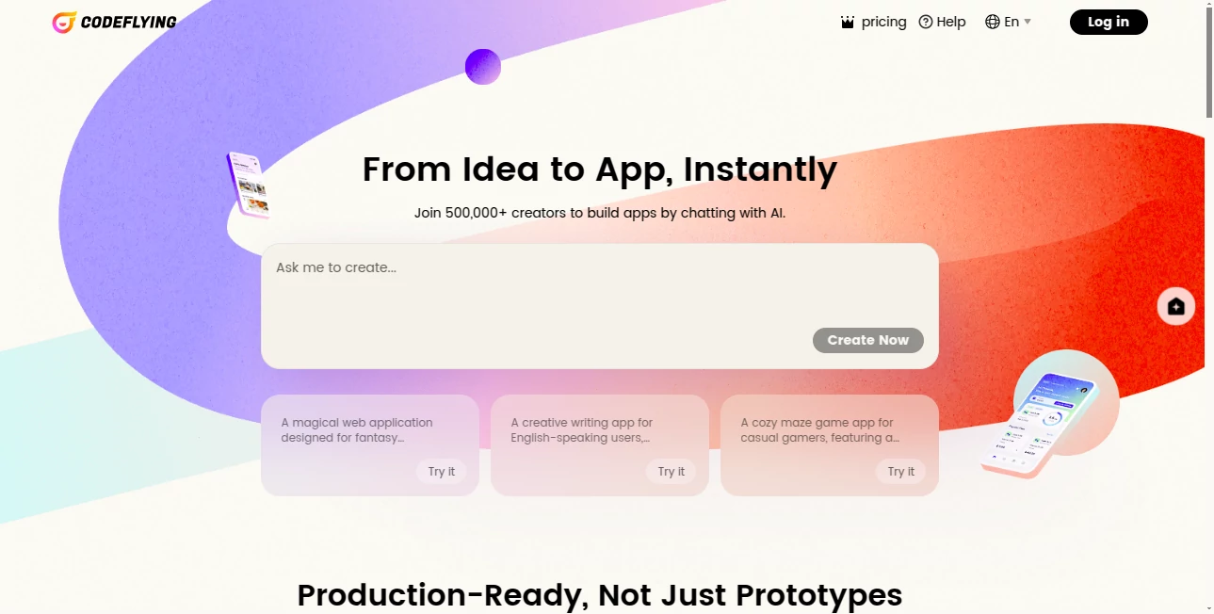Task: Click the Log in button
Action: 1108,22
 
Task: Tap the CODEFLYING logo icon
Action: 64,22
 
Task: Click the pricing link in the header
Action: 883,22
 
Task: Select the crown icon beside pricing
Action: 848,23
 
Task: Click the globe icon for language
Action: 992,22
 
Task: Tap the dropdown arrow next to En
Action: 1028,22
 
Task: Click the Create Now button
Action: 867,340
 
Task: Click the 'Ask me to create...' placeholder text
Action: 336,267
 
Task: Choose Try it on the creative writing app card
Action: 671,471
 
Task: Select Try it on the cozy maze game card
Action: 900,471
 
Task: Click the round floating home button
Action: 1175,306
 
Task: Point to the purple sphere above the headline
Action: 483,67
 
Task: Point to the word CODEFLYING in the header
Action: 128,22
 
